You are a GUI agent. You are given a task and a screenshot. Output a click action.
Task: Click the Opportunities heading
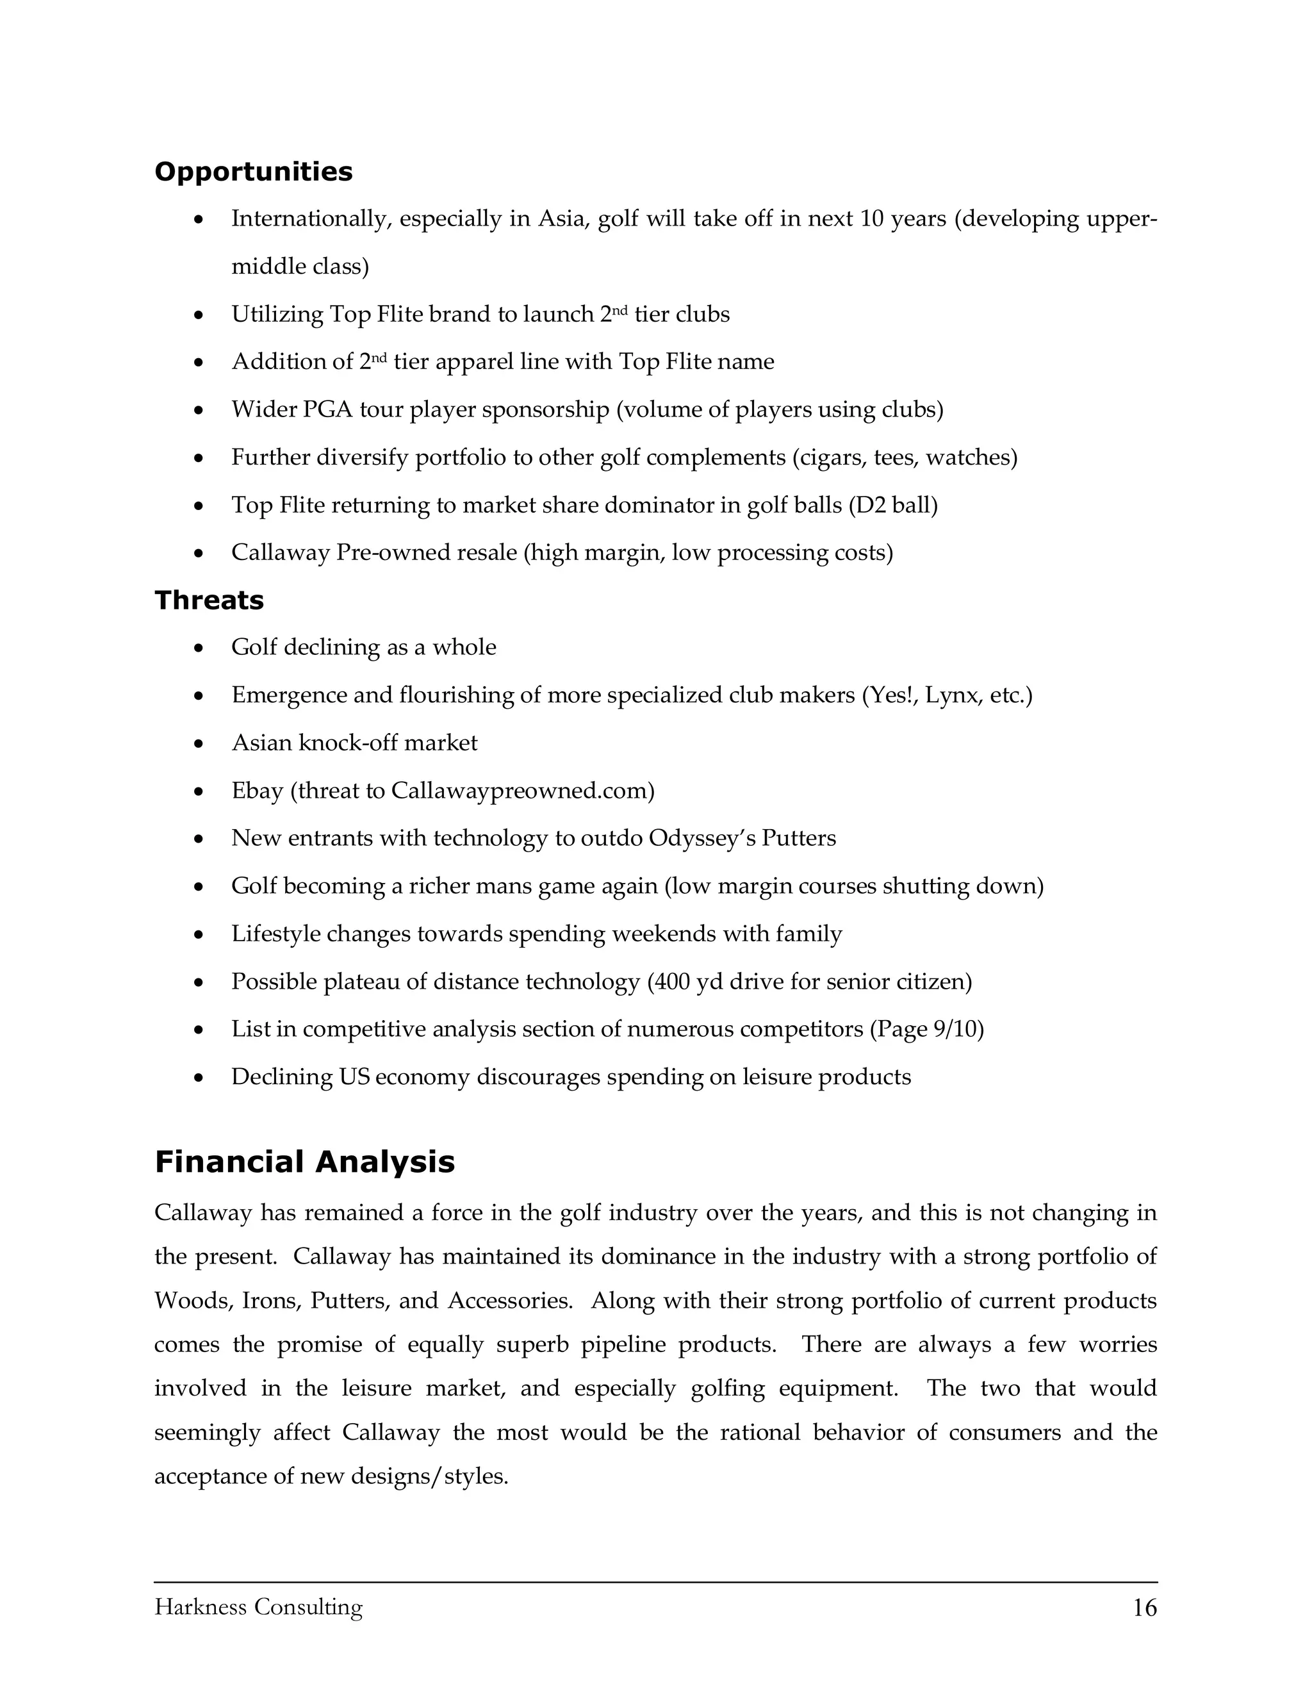254,172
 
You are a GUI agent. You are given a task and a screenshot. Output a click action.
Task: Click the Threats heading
209,600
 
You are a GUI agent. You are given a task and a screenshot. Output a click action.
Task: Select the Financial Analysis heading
305,1162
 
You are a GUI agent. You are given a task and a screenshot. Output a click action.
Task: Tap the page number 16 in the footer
1144,1608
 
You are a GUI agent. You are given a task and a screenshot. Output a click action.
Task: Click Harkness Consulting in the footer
258,1607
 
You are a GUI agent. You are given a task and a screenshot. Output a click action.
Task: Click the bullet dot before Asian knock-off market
200,744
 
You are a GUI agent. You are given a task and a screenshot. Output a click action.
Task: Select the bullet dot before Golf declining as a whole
200,648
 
